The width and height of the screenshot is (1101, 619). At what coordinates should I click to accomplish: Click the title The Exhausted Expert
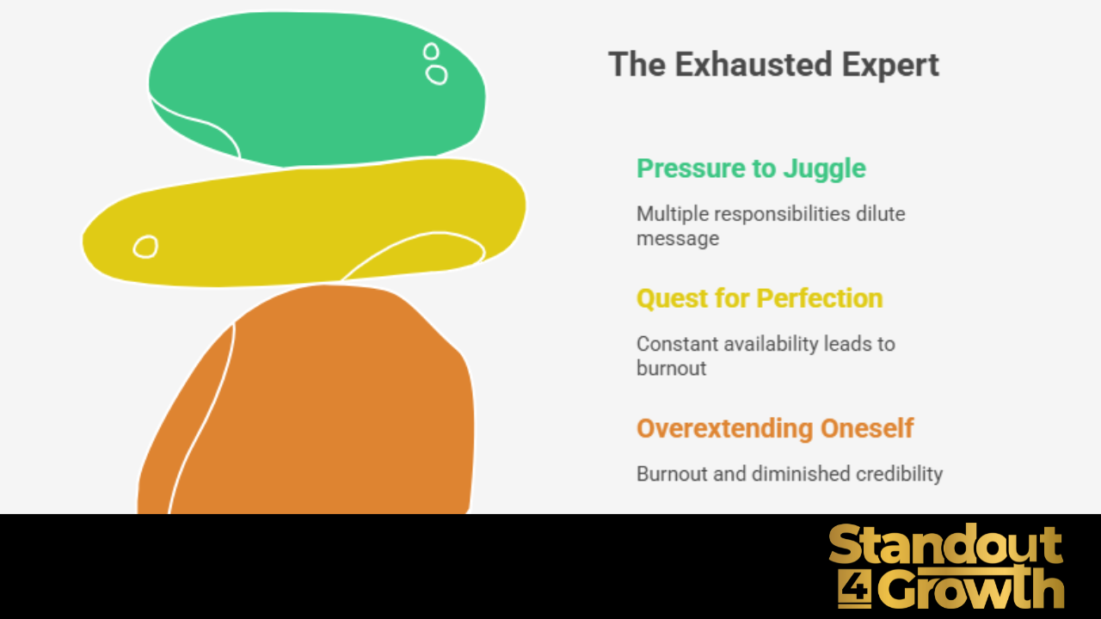click(773, 65)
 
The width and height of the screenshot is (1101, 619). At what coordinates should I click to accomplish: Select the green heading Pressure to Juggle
click(751, 169)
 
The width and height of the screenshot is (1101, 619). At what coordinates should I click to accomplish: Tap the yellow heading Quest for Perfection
click(760, 298)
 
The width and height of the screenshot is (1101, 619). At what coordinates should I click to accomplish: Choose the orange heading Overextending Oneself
click(775, 428)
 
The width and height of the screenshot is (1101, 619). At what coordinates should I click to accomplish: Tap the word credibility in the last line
click(900, 474)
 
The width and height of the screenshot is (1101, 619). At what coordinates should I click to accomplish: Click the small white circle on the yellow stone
click(145, 248)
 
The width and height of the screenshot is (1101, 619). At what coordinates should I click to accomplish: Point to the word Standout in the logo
click(945, 547)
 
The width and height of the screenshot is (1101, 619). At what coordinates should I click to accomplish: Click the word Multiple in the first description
click(667, 213)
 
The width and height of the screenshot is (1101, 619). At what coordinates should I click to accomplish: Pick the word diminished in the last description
click(803, 474)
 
